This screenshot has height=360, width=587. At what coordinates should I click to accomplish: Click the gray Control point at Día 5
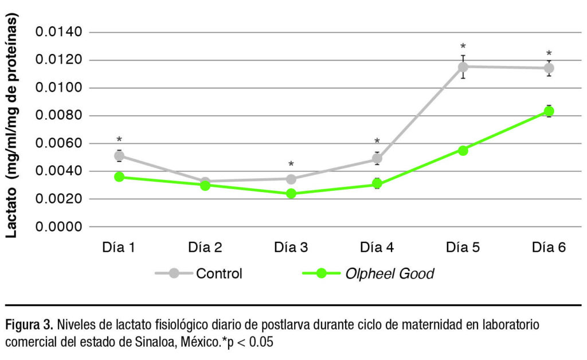(x=463, y=66)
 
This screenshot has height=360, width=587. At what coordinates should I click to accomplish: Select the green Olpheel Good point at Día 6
(x=549, y=111)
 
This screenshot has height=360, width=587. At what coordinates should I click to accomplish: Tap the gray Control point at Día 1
(x=119, y=156)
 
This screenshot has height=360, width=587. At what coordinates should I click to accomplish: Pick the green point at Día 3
(x=291, y=194)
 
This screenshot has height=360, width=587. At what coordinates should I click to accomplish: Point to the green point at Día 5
(x=463, y=150)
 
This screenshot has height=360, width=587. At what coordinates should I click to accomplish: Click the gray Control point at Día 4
(x=377, y=159)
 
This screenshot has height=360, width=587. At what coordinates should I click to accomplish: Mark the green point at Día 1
(x=119, y=177)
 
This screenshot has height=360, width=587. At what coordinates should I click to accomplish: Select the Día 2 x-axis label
(x=205, y=248)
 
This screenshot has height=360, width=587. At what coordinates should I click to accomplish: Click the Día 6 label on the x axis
(x=549, y=248)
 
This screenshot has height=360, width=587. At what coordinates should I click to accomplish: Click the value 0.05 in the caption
(x=261, y=343)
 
